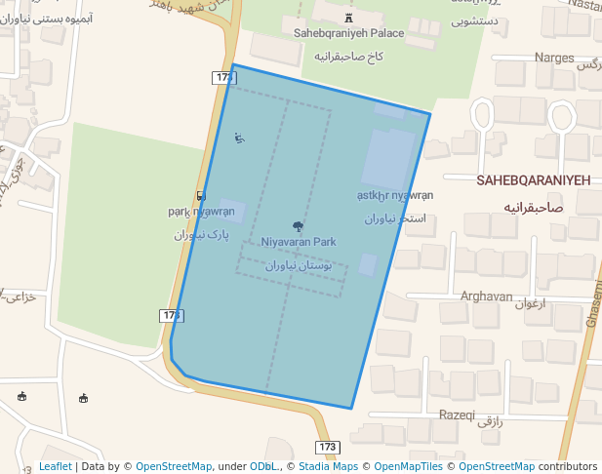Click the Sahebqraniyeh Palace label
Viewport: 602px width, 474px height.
[x=348, y=33]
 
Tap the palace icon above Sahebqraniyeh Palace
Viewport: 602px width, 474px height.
[x=348, y=17]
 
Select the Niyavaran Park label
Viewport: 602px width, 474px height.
[x=298, y=242]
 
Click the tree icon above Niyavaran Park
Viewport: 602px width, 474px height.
[x=298, y=227]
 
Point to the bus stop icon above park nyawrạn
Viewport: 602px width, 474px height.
[x=200, y=196]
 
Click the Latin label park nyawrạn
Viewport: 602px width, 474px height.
[x=201, y=212]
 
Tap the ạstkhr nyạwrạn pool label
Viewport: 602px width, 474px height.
[x=394, y=195]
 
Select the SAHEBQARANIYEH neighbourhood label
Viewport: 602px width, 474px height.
[x=534, y=181]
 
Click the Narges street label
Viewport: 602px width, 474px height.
[x=555, y=58]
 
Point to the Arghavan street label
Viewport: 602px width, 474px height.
[x=486, y=296]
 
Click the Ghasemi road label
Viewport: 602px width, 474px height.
[x=593, y=302]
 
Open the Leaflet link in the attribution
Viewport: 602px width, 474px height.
[x=55, y=466]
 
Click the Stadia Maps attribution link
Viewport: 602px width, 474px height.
[x=329, y=466]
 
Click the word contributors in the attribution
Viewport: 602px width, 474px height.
[x=568, y=466]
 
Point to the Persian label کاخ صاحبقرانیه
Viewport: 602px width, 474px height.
[x=346, y=58]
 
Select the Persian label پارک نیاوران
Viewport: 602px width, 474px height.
[x=201, y=235]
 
